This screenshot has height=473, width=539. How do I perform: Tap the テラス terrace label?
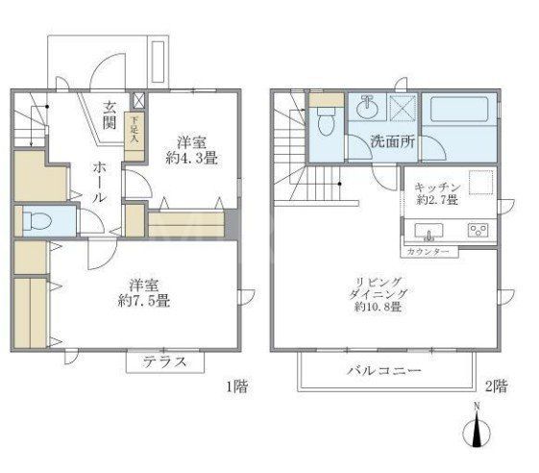(164, 362)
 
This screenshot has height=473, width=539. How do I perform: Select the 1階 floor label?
(236, 387)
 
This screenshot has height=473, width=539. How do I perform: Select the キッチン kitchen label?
(437, 187)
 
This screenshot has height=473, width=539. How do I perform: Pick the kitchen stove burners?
(477, 230)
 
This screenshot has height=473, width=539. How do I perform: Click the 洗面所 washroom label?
(392, 144)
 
